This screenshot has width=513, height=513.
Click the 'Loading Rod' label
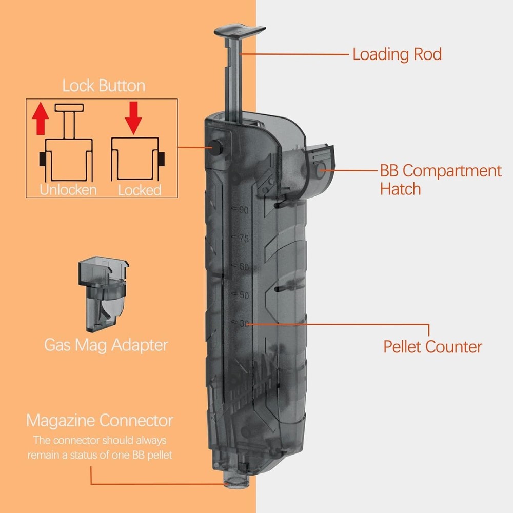pyautogui.click(x=397, y=54)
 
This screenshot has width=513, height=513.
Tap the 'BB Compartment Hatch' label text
pyautogui.click(x=440, y=180)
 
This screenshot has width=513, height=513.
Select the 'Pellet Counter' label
pyautogui.click(x=432, y=347)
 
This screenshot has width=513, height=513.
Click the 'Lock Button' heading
pyautogui.click(x=104, y=86)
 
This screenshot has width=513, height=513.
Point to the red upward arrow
pyautogui.click(x=40, y=118)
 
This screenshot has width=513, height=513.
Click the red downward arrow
pyautogui.click(x=133, y=118)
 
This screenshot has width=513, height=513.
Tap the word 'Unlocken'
pyautogui.click(x=68, y=190)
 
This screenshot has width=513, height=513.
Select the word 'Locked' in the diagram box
pyautogui.click(x=140, y=190)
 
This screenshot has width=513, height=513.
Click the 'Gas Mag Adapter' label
pyautogui.click(x=106, y=345)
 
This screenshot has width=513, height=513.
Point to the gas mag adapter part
pyautogui.click(x=103, y=294)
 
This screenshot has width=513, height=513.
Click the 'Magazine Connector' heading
pyautogui.click(x=100, y=421)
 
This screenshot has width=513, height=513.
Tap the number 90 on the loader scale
pyautogui.click(x=243, y=210)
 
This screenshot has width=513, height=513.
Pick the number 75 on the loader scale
pyautogui.click(x=244, y=238)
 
